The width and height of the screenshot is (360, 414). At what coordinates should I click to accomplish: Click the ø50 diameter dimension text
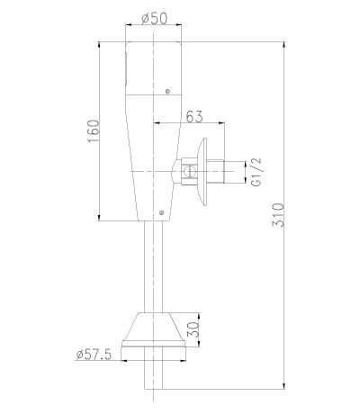coord(155,18)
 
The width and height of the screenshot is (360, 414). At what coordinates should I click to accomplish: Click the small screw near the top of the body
coord(168,89)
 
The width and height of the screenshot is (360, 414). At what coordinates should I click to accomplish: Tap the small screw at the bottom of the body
coord(159,212)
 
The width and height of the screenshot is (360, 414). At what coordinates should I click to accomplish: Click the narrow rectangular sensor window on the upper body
coord(127,68)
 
